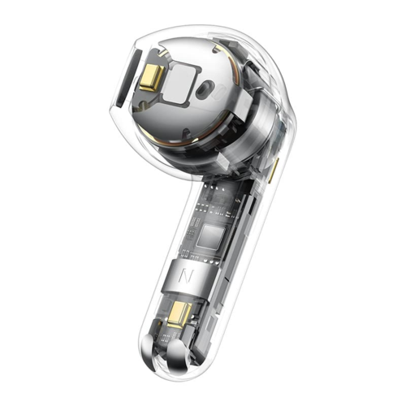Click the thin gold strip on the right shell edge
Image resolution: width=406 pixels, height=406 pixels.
[275, 168]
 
